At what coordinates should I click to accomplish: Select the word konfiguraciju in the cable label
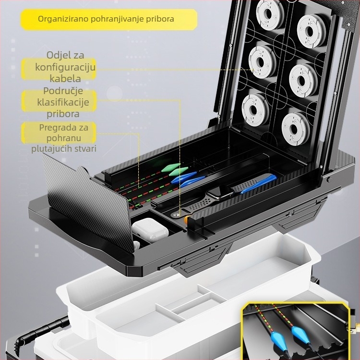pos(65,67)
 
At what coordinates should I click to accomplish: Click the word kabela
pos(65,79)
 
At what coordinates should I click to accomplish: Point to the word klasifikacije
pos(63,102)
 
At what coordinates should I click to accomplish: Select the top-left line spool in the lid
pos(270,14)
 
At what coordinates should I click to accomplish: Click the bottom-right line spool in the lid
pos(296,129)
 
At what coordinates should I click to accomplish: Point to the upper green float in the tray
pos(170,168)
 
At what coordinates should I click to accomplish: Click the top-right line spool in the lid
pos(312,31)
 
